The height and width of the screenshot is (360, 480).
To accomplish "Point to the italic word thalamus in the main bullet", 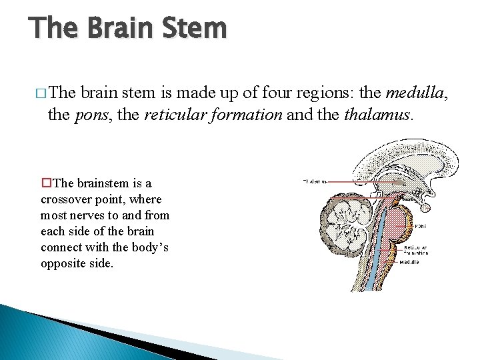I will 378,115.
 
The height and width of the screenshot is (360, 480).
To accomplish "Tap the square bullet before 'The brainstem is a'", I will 45,183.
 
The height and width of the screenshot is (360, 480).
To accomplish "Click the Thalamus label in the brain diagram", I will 315,181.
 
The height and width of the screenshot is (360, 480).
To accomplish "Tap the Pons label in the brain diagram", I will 421,226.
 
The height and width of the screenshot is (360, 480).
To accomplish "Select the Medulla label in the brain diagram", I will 409,262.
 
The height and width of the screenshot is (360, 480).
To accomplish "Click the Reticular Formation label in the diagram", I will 416,250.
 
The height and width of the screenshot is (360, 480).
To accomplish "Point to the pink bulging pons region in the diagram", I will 401,223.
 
